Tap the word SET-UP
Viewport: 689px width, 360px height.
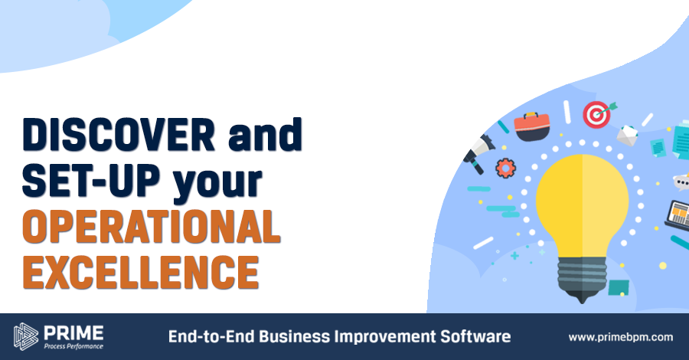pos(91,180)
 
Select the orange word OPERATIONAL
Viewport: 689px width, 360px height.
pos(151,227)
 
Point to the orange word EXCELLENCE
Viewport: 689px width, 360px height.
pos(141,272)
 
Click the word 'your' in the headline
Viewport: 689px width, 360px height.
pos(217,185)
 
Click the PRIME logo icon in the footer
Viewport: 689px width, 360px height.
pos(26,337)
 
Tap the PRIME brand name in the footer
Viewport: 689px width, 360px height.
pos(73,333)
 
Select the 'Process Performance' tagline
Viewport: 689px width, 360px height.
pos(73,346)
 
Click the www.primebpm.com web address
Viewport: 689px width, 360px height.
pos(620,337)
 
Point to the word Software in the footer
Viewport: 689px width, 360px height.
pos(475,337)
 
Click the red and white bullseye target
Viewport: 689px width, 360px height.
pos(596,115)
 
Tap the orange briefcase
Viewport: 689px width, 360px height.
pos(532,126)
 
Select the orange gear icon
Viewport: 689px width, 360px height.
pos(506,168)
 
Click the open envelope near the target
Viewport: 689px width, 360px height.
pos(629,136)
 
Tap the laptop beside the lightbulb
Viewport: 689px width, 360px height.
pos(678,214)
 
